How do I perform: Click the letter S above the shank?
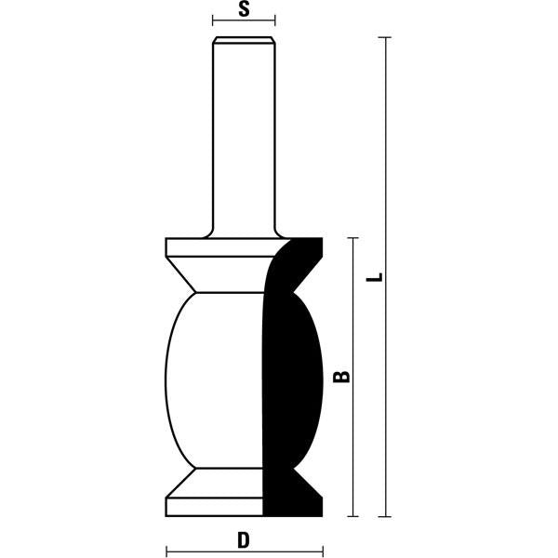point(244,10)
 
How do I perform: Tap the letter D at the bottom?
point(244,538)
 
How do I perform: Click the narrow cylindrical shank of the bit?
point(244,139)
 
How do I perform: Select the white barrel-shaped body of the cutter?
point(214,381)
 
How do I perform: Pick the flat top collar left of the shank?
point(186,248)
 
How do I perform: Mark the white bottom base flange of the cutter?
point(214,508)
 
